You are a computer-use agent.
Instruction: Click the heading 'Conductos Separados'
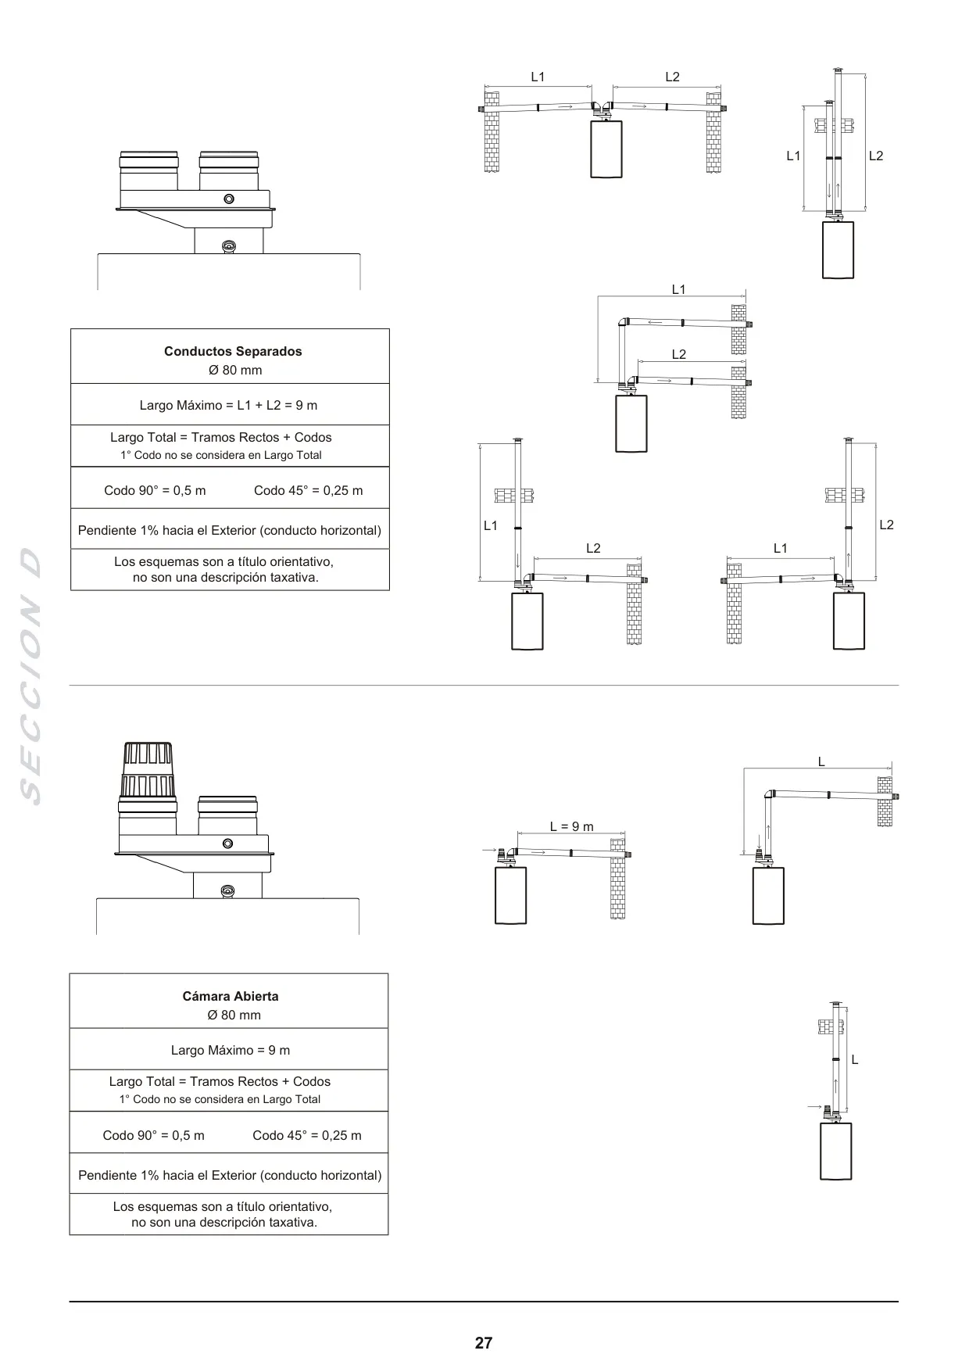point(233,352)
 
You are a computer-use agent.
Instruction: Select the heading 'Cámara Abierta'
point(231,996)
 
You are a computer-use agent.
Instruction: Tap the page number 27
point(484,1343)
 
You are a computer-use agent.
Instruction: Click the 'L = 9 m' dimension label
point(571,826)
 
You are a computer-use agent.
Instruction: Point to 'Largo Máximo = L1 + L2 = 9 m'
point(228,405)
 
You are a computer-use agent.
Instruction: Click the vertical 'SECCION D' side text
point(30,677)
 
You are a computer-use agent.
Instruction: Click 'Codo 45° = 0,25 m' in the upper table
point(309,490)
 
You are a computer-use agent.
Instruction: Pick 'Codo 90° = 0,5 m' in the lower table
point(154,1135)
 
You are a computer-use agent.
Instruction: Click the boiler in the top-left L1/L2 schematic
point(606,149)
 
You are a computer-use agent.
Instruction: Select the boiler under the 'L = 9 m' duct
point(511,896)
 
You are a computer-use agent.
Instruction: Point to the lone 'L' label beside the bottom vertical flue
point(855,1060)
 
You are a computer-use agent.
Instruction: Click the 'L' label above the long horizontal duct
point(821,761)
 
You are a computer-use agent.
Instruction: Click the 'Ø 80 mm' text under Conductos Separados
point(235,371)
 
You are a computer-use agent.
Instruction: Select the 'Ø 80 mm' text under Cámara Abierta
point(234,1015)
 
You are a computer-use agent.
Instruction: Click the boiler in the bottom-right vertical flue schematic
point(836,1151)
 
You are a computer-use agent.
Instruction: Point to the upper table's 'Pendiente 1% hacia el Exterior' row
point(230,530)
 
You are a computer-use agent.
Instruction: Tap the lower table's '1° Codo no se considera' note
point(220,1099)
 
